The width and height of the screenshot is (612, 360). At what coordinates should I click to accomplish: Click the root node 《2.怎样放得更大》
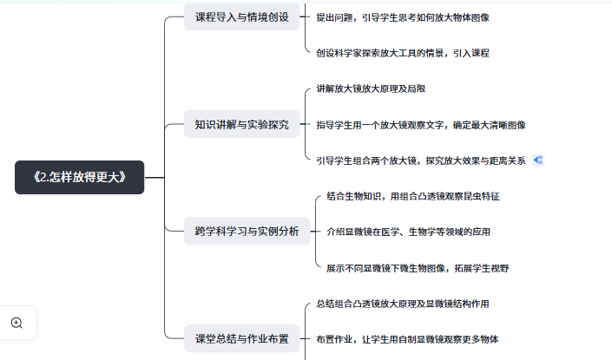(x=79, y=177)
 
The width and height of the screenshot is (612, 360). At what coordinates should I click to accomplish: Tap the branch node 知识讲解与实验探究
(x=242, y=123)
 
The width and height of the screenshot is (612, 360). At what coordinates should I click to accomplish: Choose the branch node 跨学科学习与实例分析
(x=247, y=231)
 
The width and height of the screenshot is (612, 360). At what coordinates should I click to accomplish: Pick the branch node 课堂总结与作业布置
(x=241, y=338)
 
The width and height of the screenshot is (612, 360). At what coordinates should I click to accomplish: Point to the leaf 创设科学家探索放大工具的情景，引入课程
(x=402, y=52)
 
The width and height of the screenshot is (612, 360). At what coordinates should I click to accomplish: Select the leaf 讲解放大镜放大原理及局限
(x=371, y=88)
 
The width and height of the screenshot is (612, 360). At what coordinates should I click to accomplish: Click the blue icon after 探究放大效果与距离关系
(x=538, y=160)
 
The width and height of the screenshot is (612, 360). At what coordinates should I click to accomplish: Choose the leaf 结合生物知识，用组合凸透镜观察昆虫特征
(x=412, y=196)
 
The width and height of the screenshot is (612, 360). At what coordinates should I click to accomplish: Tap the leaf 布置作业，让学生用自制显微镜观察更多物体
(x=407, y=338)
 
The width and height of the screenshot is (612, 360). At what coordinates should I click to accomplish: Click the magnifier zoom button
(x=17, y=323)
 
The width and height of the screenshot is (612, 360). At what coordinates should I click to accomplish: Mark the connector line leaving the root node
(x=154, y=177)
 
